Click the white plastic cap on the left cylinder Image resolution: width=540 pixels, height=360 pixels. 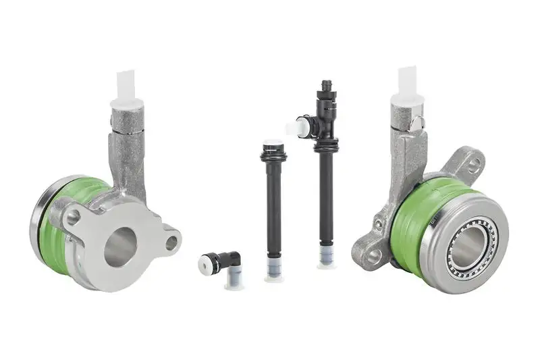point(127,86)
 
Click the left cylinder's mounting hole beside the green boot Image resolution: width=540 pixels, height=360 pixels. point(73,217)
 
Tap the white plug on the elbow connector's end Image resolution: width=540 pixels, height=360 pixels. point(203,265)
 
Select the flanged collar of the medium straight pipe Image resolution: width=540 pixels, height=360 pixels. point(273,156)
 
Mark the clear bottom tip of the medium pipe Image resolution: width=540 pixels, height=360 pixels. point(273,272)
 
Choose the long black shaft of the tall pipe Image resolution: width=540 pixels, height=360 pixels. point(326,196)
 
